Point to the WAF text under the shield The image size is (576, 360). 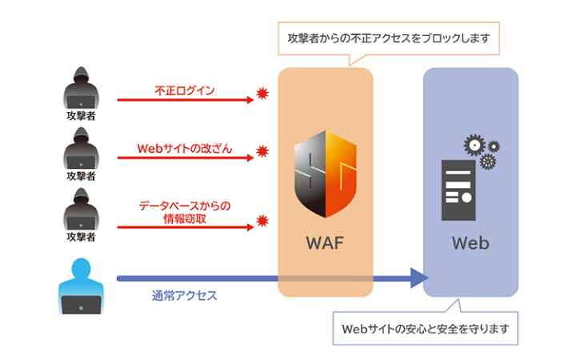325,242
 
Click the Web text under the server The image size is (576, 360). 470,242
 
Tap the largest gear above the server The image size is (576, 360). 475,145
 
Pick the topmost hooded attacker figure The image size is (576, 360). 82,90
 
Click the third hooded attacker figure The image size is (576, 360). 82,211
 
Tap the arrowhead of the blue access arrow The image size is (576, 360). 418,278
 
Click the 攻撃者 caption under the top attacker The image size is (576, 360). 82,114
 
